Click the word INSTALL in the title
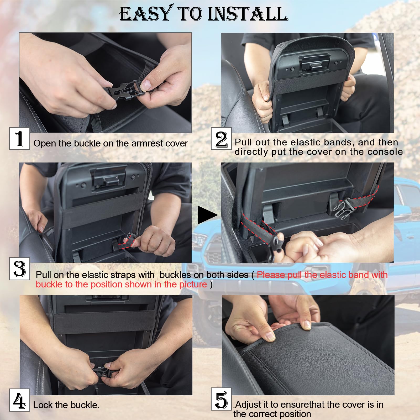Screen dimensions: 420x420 248,14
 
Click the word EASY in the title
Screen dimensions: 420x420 146,14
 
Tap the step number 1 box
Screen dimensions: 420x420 19,139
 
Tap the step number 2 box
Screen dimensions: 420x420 221,139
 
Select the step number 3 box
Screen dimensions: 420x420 20,269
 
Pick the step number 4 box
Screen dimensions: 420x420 19,400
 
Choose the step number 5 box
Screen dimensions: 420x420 221,399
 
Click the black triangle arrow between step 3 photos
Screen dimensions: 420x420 207,215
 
